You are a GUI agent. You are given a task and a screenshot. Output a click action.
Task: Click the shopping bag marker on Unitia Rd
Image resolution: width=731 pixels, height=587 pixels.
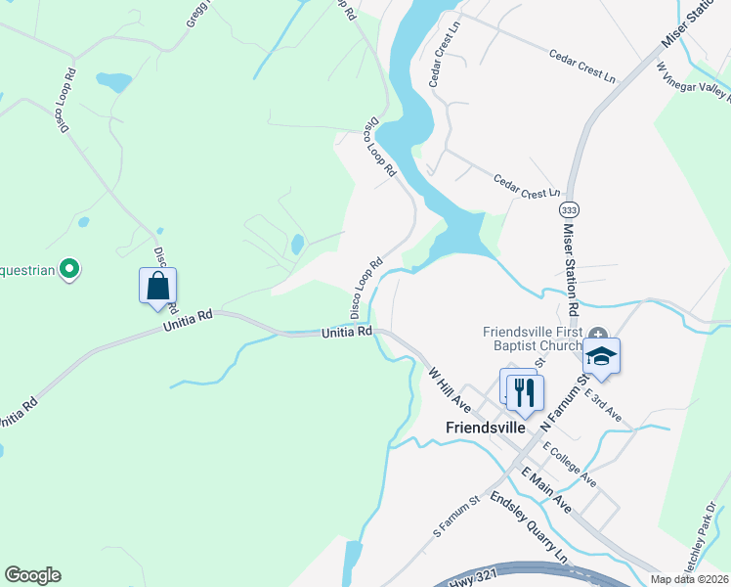click(x=157, y=287)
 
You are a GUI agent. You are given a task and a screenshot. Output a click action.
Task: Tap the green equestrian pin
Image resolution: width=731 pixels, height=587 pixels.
click(x=69, y=267)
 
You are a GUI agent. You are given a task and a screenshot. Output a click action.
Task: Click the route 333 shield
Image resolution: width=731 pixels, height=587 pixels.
click(x=569, y=210)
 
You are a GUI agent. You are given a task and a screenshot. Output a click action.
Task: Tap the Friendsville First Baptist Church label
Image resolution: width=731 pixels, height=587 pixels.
click(x=534, y=339)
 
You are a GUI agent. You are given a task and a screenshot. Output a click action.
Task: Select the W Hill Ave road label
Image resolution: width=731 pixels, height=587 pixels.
click(x=450, y=388)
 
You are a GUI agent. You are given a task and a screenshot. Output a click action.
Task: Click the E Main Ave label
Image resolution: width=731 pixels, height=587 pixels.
click(x=546, y=490)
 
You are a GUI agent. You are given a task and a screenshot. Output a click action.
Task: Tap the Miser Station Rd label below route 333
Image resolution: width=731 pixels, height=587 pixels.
click(x=571, y=269)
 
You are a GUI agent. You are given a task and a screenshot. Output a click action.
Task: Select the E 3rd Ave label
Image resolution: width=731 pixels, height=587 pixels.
click(x=603, y=403)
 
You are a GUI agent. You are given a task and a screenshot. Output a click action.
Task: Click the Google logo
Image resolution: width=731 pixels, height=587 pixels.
click(x=32, y=575)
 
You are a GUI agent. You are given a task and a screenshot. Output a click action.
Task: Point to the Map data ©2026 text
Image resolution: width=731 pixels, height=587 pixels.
click(x=689, y=579)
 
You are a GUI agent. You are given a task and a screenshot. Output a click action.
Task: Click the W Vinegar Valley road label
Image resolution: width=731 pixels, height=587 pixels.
click(x=694, y=82)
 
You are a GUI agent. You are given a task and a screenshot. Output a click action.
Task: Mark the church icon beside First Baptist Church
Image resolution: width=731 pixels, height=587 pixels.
click(x=597, y=334)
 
